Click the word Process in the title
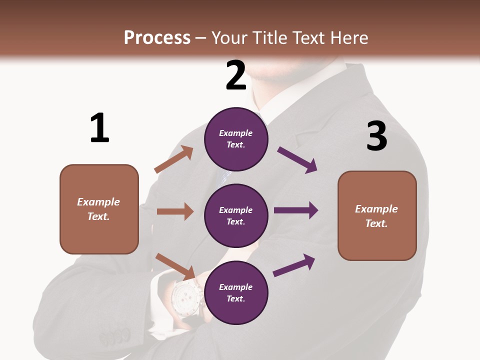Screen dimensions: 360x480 click(157, 38)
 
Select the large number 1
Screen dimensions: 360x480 click(99, 128)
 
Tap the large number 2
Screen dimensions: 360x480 click(236, 75)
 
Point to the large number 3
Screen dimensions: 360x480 click(377, 136)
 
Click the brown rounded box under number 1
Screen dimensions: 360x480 click(99, 209)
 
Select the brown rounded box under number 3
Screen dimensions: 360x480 click(377, 216)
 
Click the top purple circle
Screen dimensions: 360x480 click(236, 139)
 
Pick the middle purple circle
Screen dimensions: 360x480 click(236, 215)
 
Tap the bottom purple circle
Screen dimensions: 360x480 click(236, 292)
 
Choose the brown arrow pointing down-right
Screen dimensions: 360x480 click(175, 266)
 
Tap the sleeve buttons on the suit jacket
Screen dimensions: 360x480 click(114, 336)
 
